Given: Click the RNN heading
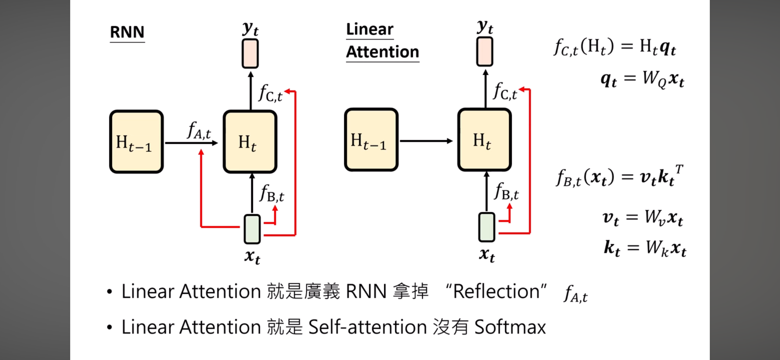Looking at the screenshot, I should tap(127, 32).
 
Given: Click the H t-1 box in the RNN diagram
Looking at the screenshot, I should tap(136, 142).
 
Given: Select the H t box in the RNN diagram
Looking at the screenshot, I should tap(250, 142).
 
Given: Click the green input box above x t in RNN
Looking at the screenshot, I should tap(252, 229).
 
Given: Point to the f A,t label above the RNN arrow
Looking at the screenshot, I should tap(199, 131).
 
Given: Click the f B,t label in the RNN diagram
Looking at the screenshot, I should tap(272, 194).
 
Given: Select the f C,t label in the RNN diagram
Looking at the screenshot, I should tap(270, 93).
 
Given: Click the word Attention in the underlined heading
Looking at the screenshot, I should tap(382, 52).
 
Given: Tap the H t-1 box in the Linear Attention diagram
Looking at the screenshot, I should tap(371, 140).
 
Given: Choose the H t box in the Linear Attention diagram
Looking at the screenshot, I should tap(484, 140).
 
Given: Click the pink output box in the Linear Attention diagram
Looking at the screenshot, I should tap(485, 52).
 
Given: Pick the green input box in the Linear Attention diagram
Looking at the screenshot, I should tap(487, 227).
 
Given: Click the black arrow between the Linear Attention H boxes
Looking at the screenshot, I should tap(426, 141).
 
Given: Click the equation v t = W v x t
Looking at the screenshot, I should tap(642, 218).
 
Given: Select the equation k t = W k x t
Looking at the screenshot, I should tap(645, 248).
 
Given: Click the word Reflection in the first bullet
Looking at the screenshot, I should tap(496, 292).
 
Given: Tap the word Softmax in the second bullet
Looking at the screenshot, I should tap(510, 327).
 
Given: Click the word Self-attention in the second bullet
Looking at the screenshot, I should tap(367, 327).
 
